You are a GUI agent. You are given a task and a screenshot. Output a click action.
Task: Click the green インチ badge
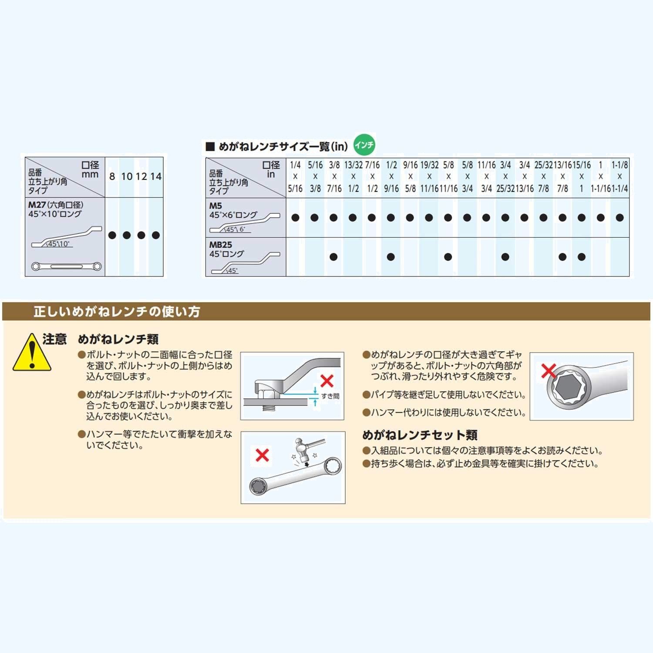tap(364, 145)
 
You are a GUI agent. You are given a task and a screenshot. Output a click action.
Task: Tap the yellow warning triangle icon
tap(32, 353)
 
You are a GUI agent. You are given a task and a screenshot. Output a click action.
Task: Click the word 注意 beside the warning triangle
tap(54, 339)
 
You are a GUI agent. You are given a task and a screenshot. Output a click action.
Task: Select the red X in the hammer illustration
tap(262, 455)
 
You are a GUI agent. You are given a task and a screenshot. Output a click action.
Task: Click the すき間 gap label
tap(330, 396)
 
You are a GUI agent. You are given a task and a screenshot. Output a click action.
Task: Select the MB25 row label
tap(221, 245)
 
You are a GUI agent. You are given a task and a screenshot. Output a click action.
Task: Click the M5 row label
tap(215, 205)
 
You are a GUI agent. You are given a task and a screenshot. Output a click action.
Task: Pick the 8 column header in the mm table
tap(112, 176)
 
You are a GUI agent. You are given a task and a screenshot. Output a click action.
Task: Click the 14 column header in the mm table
tap(156, 176)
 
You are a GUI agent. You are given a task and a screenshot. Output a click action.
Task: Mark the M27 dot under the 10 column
tap(127, 235)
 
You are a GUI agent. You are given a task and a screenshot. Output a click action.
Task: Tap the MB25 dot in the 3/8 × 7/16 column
tap(333, 257)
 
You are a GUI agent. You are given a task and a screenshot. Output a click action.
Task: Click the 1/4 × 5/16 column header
tap(295, 177)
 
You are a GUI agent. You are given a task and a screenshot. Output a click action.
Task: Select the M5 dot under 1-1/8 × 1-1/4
tap(620, 218)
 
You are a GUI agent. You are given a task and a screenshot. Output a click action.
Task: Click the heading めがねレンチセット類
tap(420, 435)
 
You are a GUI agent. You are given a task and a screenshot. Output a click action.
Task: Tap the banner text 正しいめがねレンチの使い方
tap(117, 312)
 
